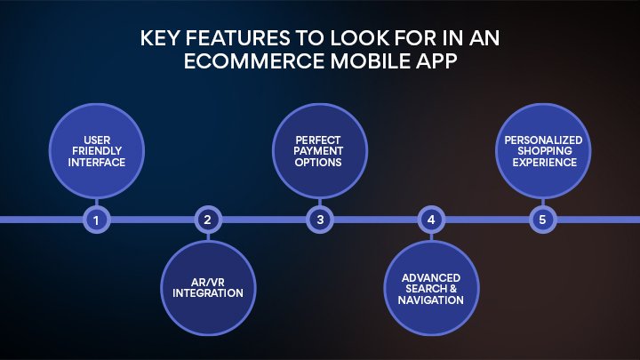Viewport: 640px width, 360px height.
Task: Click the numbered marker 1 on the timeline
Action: click(96, 219)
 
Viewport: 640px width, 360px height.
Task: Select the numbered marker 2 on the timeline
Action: click(207, 219)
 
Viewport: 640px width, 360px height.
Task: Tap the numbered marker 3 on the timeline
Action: click(320, 219)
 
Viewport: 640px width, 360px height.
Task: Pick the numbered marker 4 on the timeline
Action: click(431, 219)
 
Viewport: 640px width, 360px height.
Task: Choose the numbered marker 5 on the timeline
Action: click(543, 219)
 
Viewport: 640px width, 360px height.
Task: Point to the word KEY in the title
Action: click(163, 39)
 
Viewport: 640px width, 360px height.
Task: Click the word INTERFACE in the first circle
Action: click(96, 164)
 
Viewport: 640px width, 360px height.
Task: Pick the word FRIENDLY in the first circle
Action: click(96, 152)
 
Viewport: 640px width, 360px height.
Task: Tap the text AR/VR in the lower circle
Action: click(207, 281)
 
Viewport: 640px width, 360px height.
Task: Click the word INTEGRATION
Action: click(207, 292)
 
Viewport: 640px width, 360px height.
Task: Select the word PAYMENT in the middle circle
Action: click(320, 152)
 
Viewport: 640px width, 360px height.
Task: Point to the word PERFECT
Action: click(320, 140)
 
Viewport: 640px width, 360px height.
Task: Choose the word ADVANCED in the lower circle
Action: click(431, 277)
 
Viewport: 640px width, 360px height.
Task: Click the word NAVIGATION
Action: click(431, 300)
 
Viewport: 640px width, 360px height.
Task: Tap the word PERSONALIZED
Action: click(543, 140)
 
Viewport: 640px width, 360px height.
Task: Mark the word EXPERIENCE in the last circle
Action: click(543, 164)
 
